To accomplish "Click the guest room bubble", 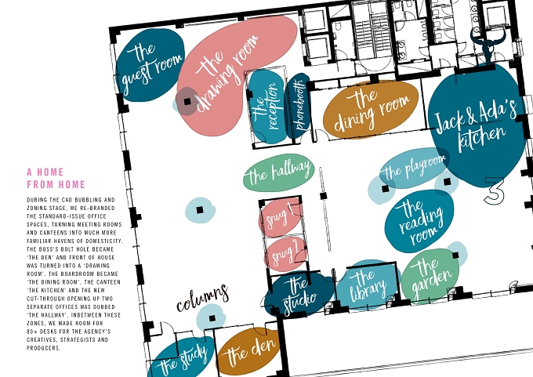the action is point(150,65).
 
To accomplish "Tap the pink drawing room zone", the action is point(231,74).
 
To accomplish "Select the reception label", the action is point(267,107).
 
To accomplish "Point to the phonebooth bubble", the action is point(298,106).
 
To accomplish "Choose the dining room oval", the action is point(371,110).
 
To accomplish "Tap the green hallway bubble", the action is point(279,172).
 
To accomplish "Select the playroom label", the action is point(414,168).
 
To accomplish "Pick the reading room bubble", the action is point(419,221).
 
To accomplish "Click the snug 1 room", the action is point(281,218).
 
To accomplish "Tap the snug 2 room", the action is point(286,254).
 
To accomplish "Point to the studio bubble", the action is point(299,295).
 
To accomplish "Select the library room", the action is point(368,285).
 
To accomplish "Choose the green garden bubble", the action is point(430,276).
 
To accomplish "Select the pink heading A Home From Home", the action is point(56,178).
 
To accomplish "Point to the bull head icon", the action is point(488,45).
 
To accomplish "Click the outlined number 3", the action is point(495,191).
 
